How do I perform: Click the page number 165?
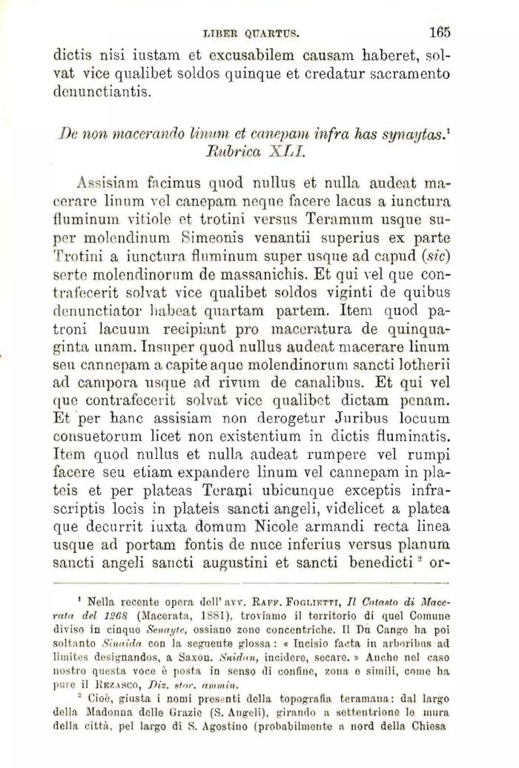[439, 32]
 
